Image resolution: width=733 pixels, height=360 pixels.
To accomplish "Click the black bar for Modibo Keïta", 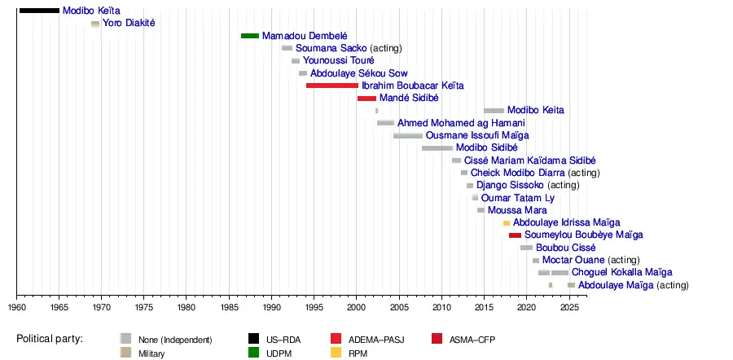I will tap(39, 11).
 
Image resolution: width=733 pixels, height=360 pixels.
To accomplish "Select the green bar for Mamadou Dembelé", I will tap(250, 36).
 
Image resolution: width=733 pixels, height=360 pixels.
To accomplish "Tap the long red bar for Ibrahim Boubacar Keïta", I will tap(332, 86).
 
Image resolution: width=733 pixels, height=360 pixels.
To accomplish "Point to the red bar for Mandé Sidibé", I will tap(366, 98).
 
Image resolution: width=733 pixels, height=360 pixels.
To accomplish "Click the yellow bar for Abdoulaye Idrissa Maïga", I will tap(507, 222).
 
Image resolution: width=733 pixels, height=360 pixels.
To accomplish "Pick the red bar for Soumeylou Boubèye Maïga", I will tap(515, 235).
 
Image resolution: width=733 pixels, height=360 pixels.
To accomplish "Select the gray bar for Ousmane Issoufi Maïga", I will tap(408, 135).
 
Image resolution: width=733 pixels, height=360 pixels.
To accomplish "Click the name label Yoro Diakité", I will tap(129, 23).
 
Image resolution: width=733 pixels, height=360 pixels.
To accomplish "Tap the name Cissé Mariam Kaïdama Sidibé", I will tap(529, 160).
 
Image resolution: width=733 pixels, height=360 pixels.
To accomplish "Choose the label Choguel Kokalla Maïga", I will tap(621, 272).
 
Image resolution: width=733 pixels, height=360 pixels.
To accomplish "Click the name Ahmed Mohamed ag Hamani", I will tap(461, 123).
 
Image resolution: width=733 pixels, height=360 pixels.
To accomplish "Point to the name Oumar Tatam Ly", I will tap(518, 198).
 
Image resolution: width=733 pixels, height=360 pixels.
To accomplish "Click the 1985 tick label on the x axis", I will tap(229, 307).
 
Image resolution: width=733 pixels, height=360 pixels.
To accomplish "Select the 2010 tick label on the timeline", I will tap(441, 307).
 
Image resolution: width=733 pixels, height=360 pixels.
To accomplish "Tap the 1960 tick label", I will tap(17, 307).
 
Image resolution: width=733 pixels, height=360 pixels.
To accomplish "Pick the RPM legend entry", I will tap(358, 353).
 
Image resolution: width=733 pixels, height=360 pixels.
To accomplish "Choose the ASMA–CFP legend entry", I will tap(472, 339).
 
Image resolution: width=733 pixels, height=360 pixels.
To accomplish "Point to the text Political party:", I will tap(54, 339).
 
